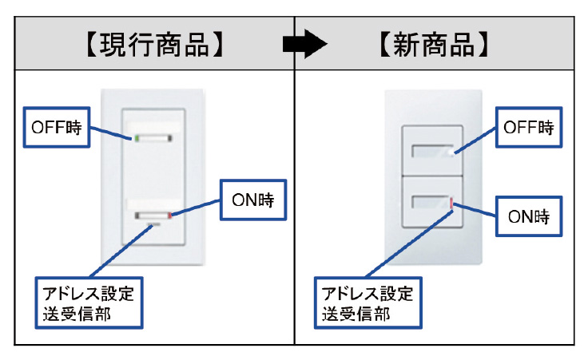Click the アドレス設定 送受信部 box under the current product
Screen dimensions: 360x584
(x=88, y=302)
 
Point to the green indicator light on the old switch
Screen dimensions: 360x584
(x=137, y=138)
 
